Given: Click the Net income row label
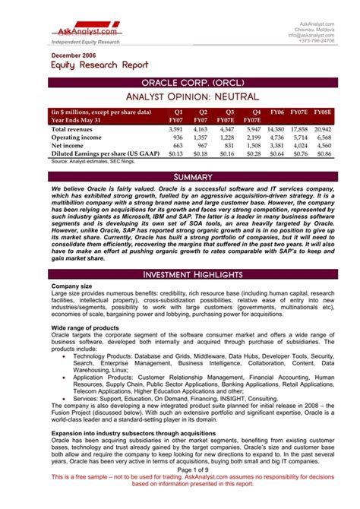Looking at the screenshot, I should click(x=67, y=145).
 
